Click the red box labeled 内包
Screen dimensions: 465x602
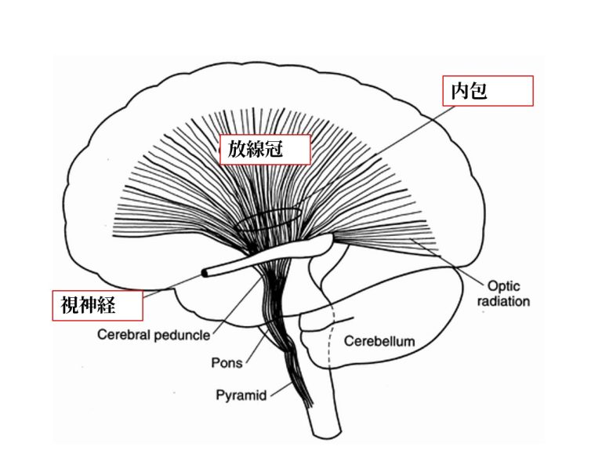(488, 91)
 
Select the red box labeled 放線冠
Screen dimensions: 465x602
(264, 149)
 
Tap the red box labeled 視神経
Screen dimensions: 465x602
(98, 304)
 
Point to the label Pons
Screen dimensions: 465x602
(227, 363)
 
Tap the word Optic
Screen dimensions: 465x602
(503, 286)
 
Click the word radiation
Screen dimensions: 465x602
(503, 301)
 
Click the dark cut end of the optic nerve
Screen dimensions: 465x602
(206, 272)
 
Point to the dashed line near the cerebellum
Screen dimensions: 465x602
(333, 337)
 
